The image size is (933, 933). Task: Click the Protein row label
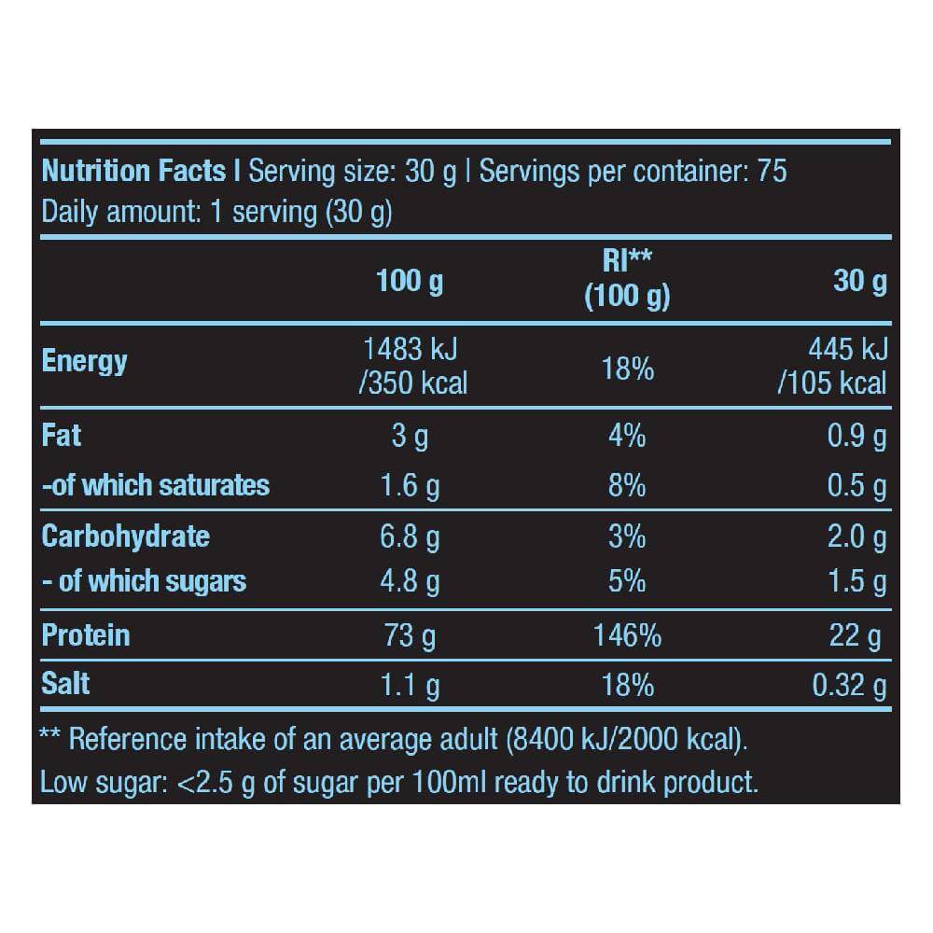point(86,635)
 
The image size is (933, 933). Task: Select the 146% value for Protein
point(627,636)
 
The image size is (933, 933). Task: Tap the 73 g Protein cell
point(410,636)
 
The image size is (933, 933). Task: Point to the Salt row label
point(66,684)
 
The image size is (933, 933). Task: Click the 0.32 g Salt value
point(849,686)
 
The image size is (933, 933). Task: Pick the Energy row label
point(85,362)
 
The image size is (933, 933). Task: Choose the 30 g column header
point(859,281)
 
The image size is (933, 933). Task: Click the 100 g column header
point(410,281)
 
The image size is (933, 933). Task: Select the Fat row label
point(62,436)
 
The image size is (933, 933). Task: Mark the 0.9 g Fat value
point(856,437)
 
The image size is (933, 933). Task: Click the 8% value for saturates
point(627,485)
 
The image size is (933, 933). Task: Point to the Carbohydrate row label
point(126,537)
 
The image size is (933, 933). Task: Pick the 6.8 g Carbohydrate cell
point(410,537)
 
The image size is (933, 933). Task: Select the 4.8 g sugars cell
point(410,581)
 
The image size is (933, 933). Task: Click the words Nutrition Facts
point(134,172)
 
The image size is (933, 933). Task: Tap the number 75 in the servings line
point(772,172)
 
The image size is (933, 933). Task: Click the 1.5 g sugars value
point(856,581)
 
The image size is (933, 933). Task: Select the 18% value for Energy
point(627,369)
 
